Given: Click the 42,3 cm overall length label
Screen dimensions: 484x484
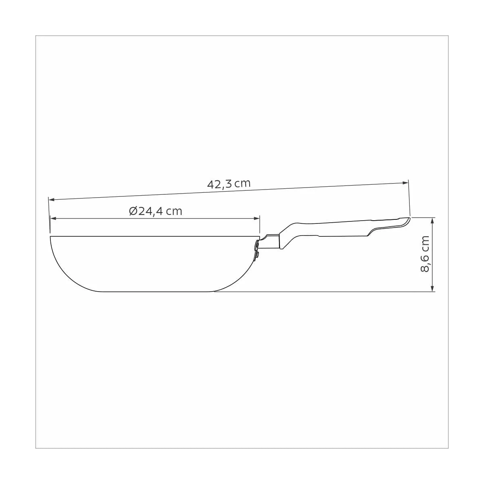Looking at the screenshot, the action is (x=229, y=184).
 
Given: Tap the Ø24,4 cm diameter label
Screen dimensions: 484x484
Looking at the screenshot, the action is (x=155, y=211).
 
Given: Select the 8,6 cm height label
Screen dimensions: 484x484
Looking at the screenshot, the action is (x=425, y=254).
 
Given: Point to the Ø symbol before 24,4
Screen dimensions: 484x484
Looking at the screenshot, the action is (x=133, y=211).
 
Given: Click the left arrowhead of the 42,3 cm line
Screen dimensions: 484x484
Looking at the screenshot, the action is (x=51, y=200).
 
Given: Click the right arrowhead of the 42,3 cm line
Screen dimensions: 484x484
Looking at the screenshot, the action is (x=405, y=183).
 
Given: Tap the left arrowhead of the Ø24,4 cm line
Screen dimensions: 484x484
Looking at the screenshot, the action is (x=53, y=219).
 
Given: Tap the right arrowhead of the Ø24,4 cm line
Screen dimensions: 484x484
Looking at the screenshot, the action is (x=257, y=219).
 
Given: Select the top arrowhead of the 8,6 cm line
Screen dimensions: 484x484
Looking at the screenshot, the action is (x=432, y=221).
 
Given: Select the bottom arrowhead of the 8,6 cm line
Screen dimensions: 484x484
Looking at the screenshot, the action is (x=432, y=289).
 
